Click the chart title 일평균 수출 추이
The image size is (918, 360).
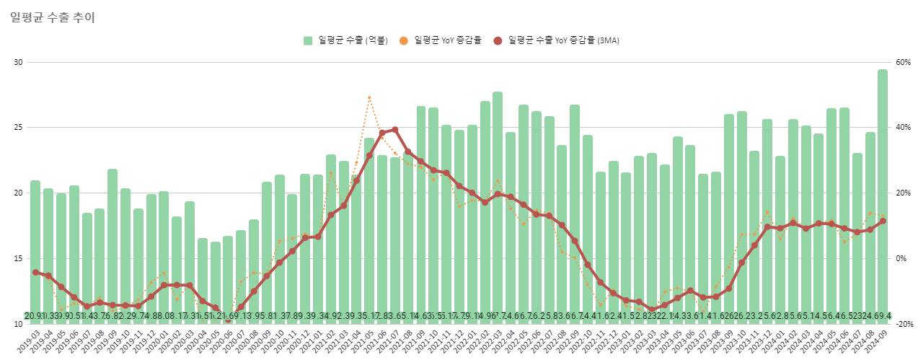point(53,17)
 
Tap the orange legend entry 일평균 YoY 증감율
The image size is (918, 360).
point(447,40)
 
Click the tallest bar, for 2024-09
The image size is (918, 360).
point(883,195)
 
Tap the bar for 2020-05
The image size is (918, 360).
point(215,281)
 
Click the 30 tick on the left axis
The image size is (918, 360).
point(18,62)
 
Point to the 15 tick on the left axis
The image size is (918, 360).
point(18,258)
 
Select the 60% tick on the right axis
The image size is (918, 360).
point(901,62)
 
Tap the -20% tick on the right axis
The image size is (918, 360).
point(901,324)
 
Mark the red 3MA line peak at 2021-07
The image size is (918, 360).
point(394,130)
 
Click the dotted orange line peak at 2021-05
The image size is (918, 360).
point(369,97)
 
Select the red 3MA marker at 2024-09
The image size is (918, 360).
point(883,221)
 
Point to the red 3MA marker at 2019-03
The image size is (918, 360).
point(35,272)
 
